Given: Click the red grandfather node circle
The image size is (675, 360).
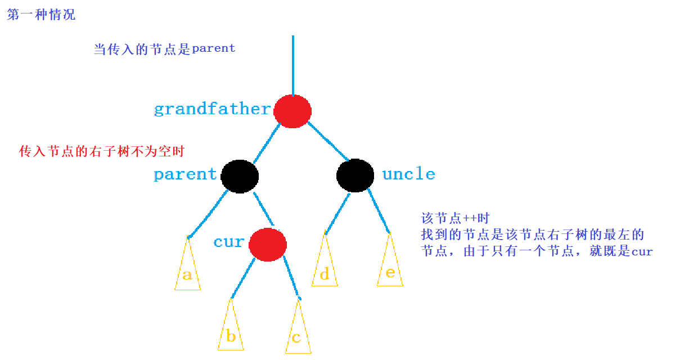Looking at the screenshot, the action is point(292,111).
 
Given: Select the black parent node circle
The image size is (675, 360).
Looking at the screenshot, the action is point(240,175).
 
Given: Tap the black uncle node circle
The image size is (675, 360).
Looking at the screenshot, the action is point(355,174).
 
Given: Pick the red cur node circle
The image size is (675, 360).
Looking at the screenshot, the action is point(268,244).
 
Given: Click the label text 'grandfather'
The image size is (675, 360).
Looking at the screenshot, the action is point(212,109).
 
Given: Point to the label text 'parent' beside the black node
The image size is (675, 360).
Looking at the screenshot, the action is point(185,174).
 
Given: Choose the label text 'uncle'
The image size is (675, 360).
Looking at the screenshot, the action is point(408,174).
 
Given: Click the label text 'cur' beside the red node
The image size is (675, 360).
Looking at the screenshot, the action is point(228,242).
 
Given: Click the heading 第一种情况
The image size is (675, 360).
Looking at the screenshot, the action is point(41,15).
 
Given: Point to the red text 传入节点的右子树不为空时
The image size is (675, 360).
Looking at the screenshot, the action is point(102,151).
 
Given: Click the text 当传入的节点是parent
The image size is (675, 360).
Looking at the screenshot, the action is point(164,49).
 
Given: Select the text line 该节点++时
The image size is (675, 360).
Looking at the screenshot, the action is point(456,218).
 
